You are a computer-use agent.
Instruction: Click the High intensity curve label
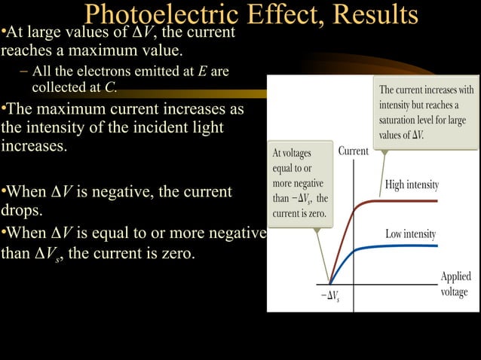coord(412,185)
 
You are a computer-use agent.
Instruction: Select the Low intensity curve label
coord(411,234)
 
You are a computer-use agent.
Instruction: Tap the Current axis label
coord(354,151)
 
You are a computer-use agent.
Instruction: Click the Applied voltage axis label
coord(455,284)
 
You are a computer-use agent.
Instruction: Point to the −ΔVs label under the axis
coord(330,294)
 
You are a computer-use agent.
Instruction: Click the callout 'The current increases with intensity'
coord(426,111)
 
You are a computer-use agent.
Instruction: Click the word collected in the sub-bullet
coord(63,87)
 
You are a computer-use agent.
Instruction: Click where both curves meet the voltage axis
coord(329,284)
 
